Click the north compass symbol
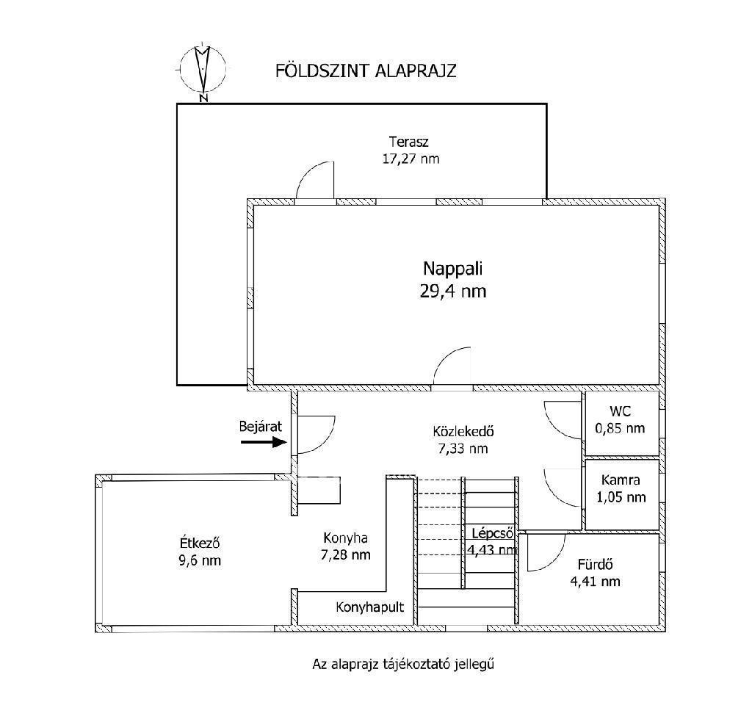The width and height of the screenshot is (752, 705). [203, 70]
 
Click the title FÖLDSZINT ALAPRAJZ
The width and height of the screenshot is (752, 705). [366, 70]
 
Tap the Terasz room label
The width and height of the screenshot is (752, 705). [408, 142]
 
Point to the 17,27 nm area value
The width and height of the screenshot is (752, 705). [411, 159]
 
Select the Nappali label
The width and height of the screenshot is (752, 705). [452, 269]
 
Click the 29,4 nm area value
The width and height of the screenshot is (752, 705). [452, 291]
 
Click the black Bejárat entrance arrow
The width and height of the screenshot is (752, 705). [264, 442]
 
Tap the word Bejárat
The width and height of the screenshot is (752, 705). [261, 426]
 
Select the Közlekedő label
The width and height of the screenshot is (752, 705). [463, 431]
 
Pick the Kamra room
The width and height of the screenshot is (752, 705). [622, 495]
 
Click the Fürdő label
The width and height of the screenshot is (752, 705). [595, 565]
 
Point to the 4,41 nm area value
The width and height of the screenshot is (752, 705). [595, 582]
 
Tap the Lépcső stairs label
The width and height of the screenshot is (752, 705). [493, 533]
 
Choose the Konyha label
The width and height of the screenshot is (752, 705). [345, 538]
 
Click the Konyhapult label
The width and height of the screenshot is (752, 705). [370, 607]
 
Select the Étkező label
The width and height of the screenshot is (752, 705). [200, 543]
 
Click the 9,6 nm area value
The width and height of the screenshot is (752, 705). [200, 560]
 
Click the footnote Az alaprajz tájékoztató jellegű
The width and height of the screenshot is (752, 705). [403, 664]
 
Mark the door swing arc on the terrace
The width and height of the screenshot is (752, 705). [308, 172]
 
